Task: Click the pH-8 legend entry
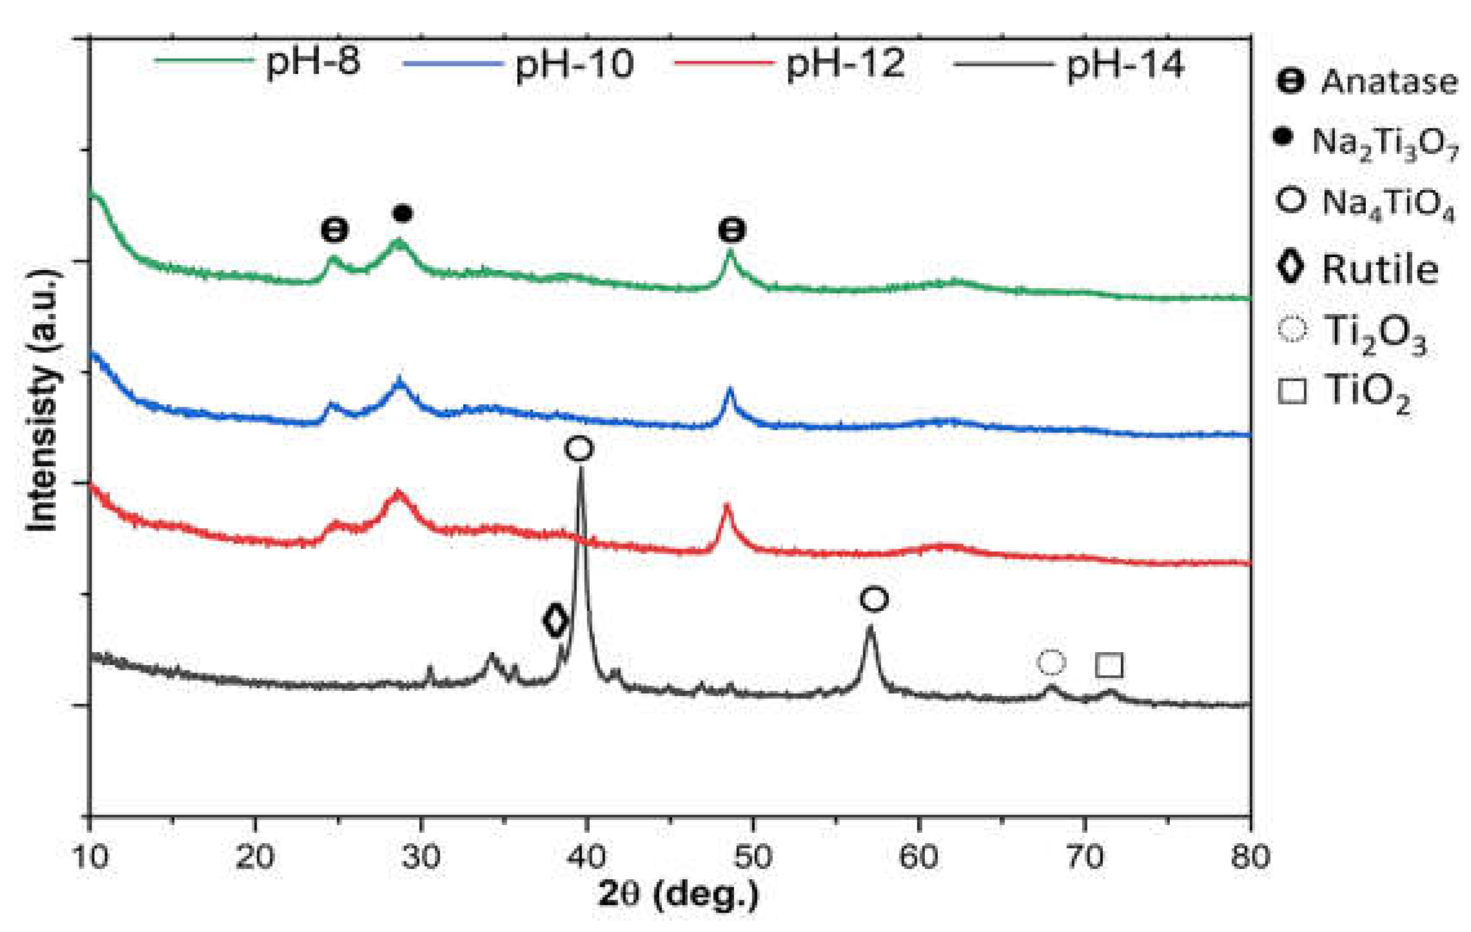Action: (x=313, y=63)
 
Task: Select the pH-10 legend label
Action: (x=574, y=64)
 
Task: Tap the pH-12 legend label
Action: (x=845, y=64)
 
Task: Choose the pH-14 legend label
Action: (x=1125, y=65)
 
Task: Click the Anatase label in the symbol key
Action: (x=1388, y=83)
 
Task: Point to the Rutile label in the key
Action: (x=1379, y=269)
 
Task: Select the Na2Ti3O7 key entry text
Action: (x=1385, y=142)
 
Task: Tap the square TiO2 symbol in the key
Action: (x=1292, y=391)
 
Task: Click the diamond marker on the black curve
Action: (x=555, y=620)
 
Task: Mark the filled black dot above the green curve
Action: (x=402, y=213)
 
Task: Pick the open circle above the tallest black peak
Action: (x=579, y=449)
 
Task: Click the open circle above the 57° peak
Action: (x=874, y=599)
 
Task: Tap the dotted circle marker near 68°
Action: (x=1051, y=662)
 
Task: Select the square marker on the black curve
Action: (x=1109, y=665)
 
